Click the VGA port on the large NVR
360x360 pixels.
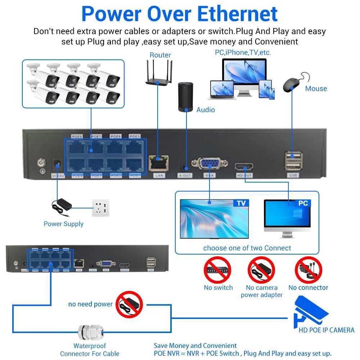pyautogui.click(x=209, y=165)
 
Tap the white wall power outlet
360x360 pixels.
pyautogui.click(x=100, y=208)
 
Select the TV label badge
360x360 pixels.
pyautogui.click(x=241, y=203)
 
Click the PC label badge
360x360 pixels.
pyautogui.click(x=303, y=203)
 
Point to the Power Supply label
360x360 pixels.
pyautogui.click(x=63, y=224)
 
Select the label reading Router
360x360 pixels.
pyautogui.click(x=160, y=55)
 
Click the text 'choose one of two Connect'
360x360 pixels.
pyautogui.click(x=247, y=248)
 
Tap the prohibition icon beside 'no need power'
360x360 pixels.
pyautogui.click(x=129, y=305)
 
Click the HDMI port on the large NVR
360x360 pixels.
pyautogui.click(x=244, y=167)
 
